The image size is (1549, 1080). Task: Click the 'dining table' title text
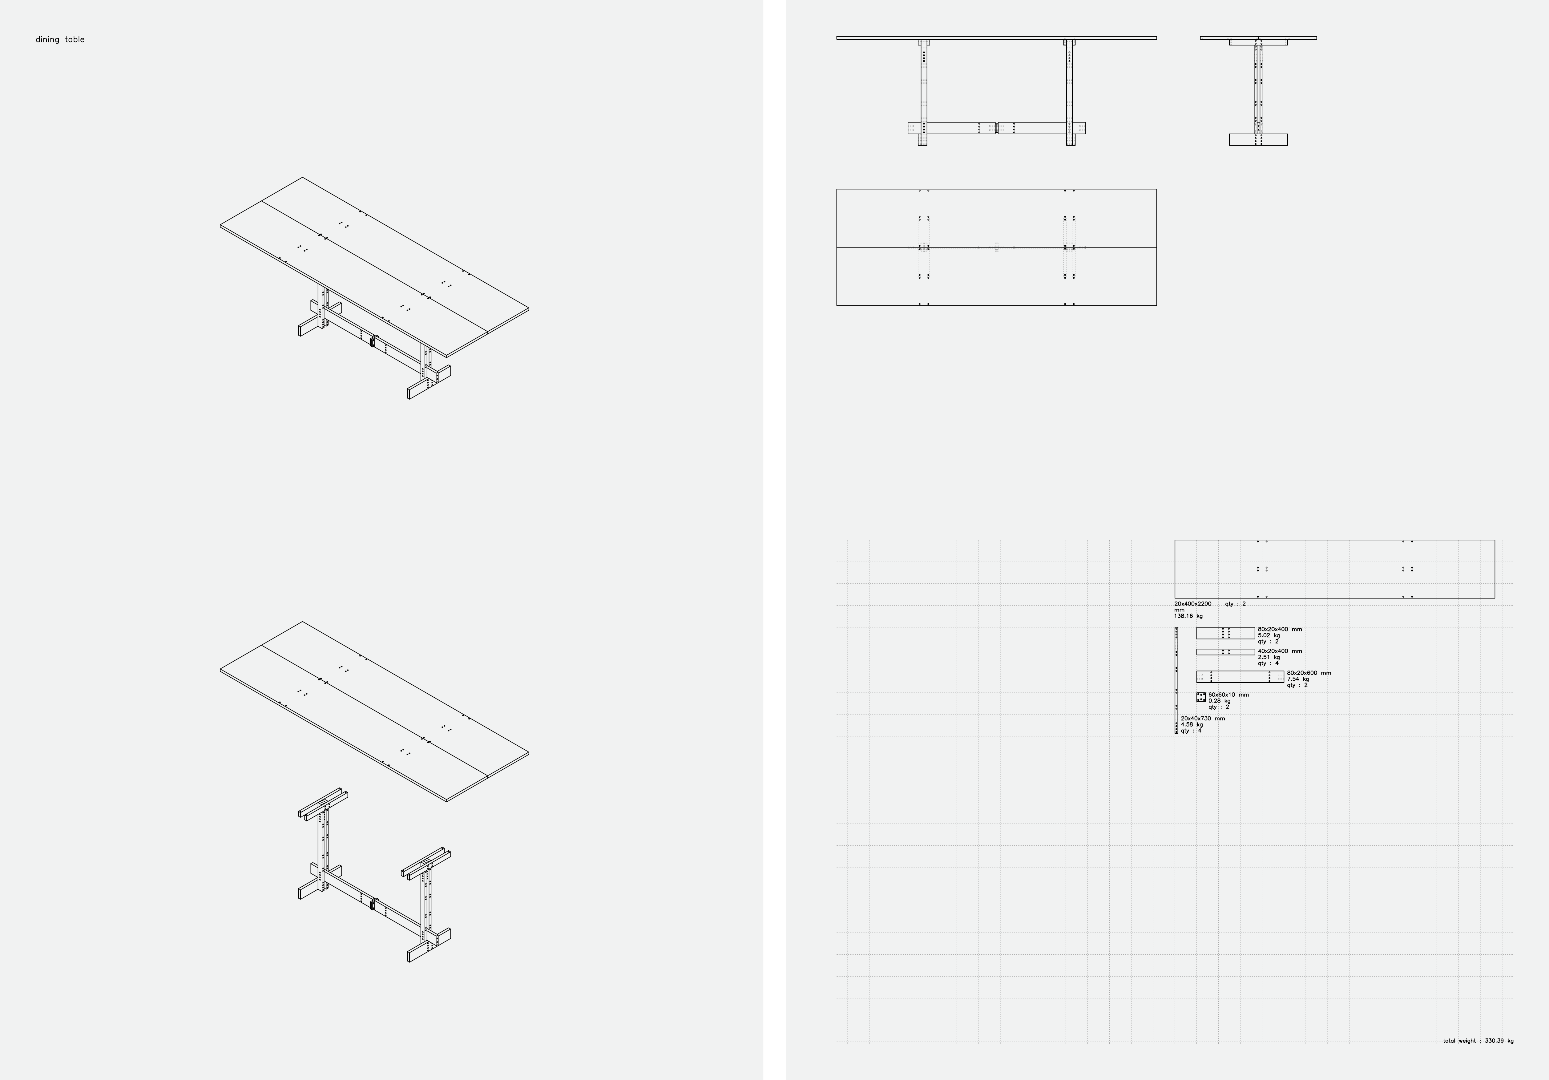point(60,40)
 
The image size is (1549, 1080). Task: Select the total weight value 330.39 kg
point(1499,1041)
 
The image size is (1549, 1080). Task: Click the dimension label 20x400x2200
point(1193,604)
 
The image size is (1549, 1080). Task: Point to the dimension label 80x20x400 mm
point(1280,629)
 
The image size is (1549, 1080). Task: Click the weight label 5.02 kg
point(1268,635)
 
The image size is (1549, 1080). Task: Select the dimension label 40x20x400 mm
point(1280,651)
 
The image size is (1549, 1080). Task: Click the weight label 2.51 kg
point(1268,657)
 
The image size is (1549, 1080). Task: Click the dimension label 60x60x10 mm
point(1228,695)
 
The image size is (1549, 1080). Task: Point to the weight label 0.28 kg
point(1219,701)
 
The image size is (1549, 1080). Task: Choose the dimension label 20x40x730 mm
point(1203,719)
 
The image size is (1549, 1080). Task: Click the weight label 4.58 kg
point(1192,724)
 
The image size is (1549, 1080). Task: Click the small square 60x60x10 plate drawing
point(1201,697)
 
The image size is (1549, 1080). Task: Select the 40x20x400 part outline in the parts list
point(1226,652)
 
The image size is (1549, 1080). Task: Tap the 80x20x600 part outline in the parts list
point(1240,677)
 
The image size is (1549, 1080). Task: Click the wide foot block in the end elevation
point(1258,140)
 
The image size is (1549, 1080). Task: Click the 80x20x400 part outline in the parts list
point(1226,633)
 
